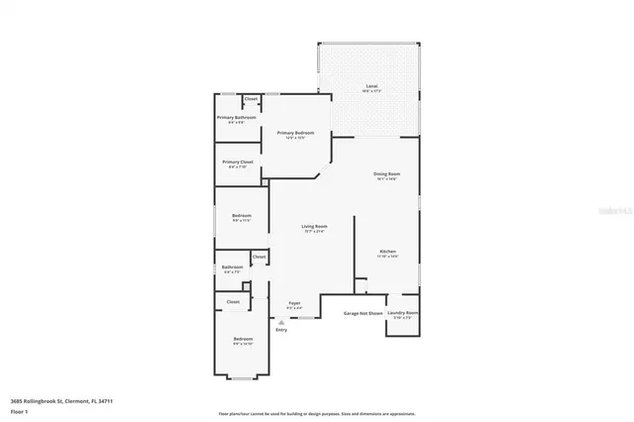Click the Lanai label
click(x=372, y=87)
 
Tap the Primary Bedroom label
click(x=296, y=133)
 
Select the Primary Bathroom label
click(x=237, y=118)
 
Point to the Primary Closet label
click(x=238, y=162)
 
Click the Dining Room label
click(x=386, y=174)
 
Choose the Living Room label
click(x=314, y=227)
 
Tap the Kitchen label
click(x=386, y=253)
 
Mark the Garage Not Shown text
click(x=362, y=313)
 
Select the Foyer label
click(x=294, y=303)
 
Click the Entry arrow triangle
click(x=281, y=322)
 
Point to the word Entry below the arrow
click(x=281, y=330)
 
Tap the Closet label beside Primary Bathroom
click(x=251, y=99)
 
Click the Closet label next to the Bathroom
click(x=259, y=258)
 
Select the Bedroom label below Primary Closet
click(x=242, y=216)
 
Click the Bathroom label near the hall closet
click(x=232, y=266)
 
